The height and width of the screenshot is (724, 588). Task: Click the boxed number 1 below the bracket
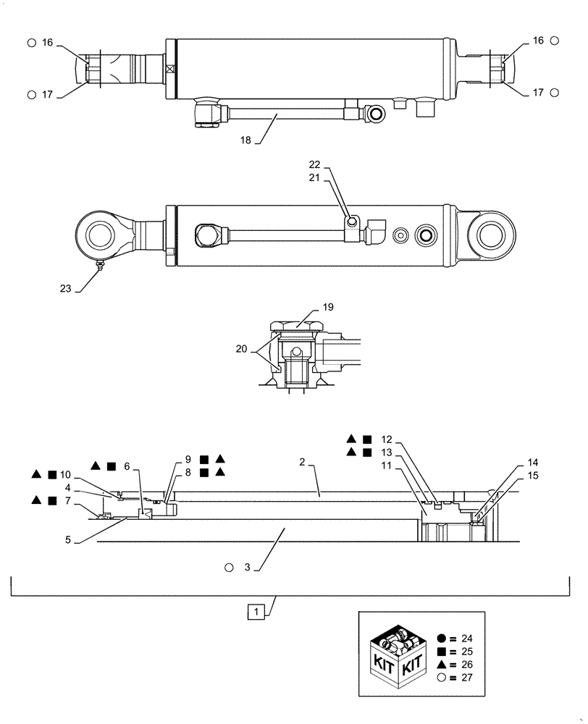coord(254,613)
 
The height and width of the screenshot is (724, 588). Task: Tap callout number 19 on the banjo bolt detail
coord(328,307)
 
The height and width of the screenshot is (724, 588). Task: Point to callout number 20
coord(245,349)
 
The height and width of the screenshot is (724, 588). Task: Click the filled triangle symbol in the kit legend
coord(442,665)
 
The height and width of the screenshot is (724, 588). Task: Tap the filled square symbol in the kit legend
coord(442,652)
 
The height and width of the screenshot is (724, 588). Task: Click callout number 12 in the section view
coord(386,439)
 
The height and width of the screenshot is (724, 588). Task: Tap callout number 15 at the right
coord(532,476)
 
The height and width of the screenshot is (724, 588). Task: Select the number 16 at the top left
coord(47,43)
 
